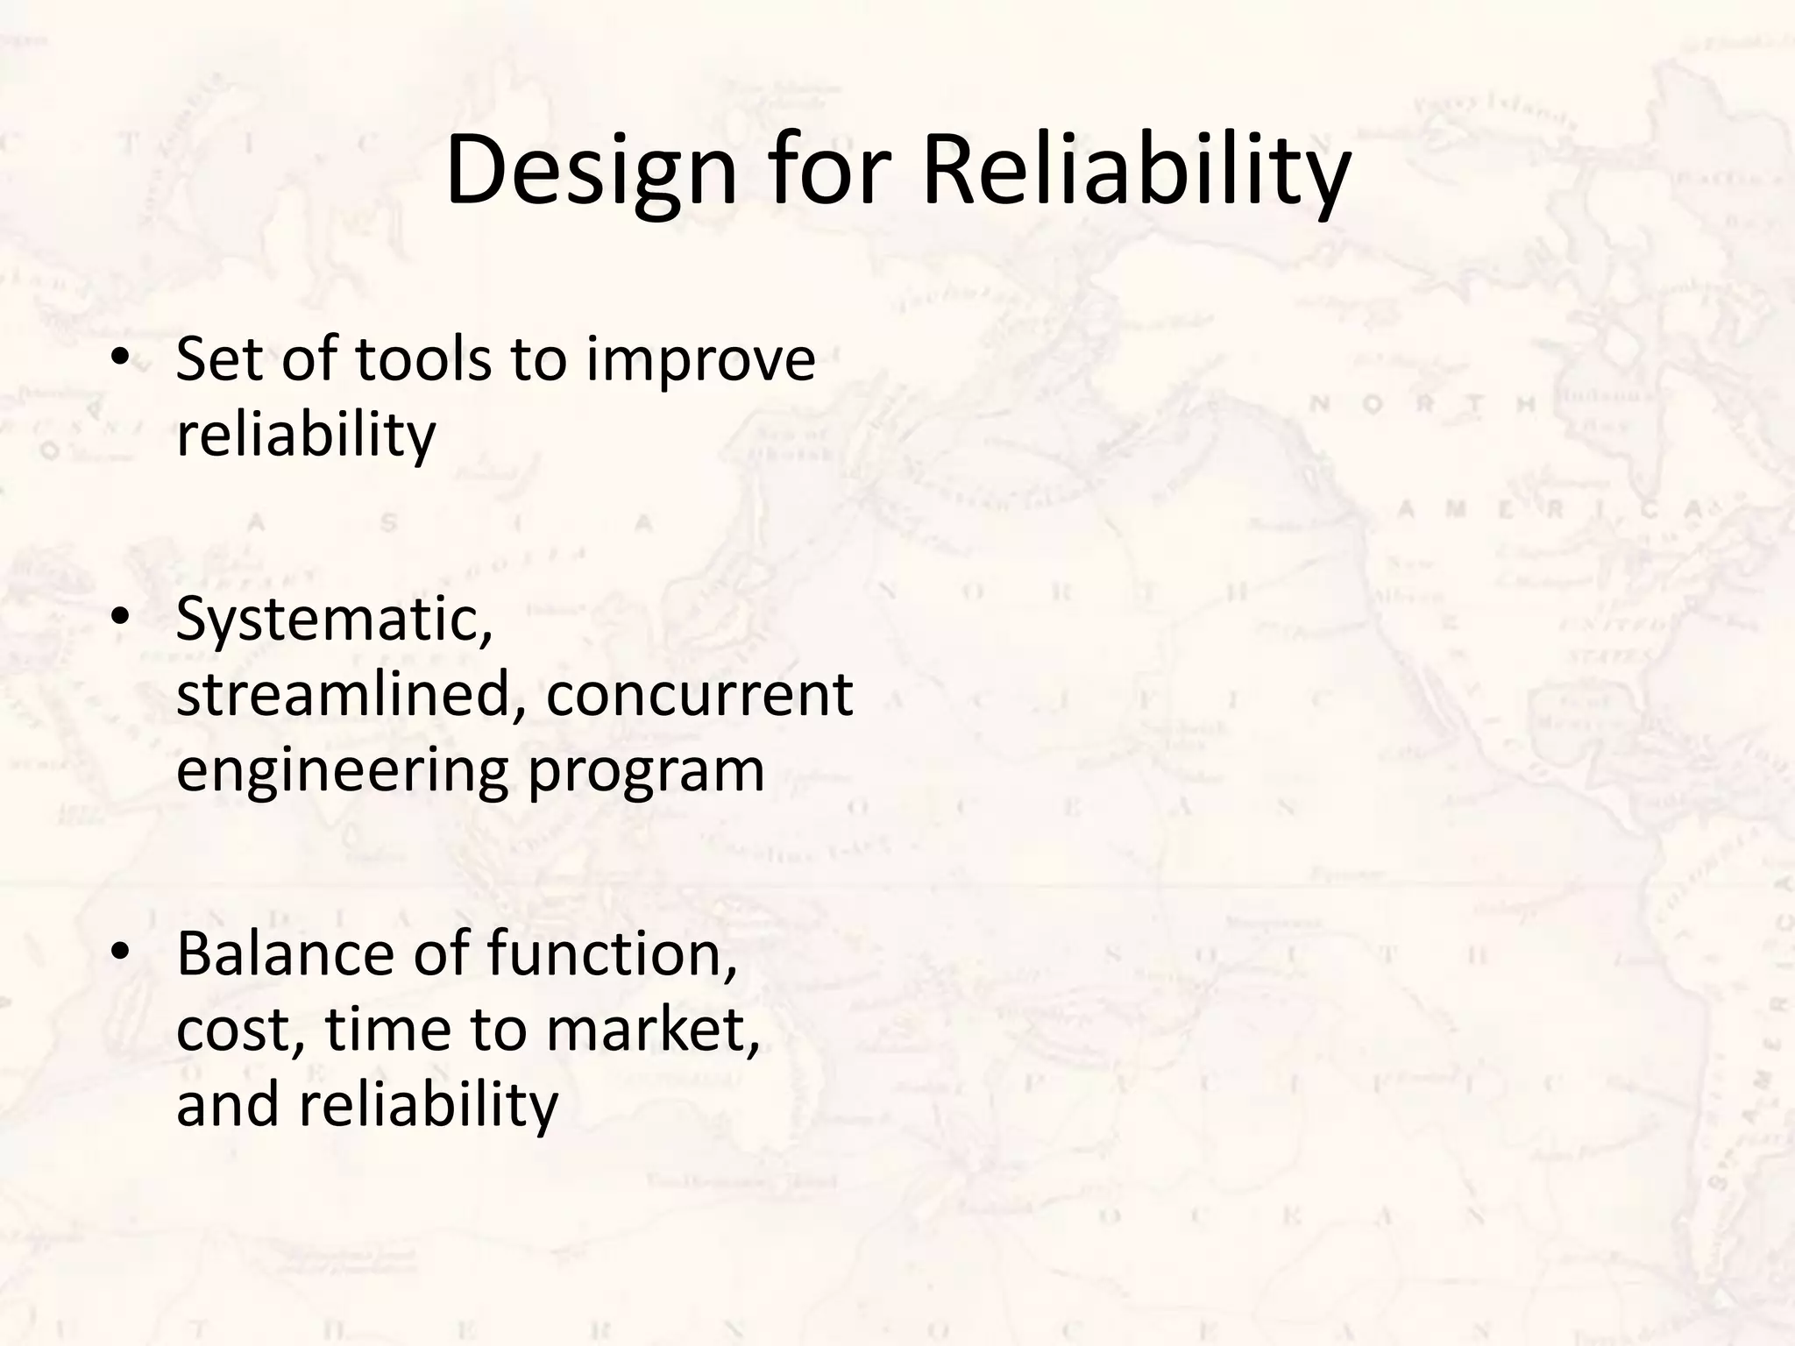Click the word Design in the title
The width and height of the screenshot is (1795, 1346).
click(591, 172)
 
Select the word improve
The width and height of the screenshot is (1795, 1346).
click(700, 361)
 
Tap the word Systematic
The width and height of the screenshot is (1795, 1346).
click(334, 620)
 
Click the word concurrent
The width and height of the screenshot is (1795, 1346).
click(699, 696)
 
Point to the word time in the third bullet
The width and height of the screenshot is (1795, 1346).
click(389, 1029)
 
